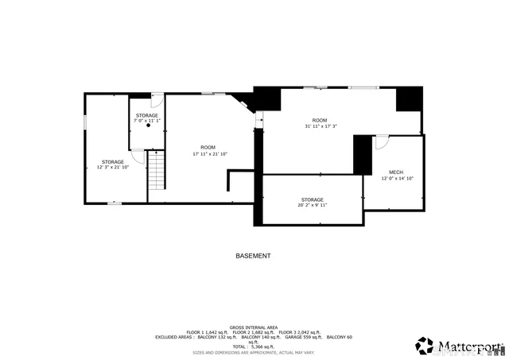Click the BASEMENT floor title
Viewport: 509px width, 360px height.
pyautogui.click(x=253, y=256)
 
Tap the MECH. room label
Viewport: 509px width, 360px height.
pyautogui.click(x=396, y=172)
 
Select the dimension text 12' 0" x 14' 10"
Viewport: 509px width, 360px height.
pyautogui.click(x=396, y=179)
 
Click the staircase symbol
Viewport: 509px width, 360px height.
pyautogui.click(x=156, y=169)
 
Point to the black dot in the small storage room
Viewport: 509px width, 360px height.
pyautogui.click(x=148, y=126)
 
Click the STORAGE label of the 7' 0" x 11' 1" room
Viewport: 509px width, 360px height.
pyautogui.click(x=146, y=115)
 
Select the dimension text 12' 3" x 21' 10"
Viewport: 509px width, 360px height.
pyautogui.click(x=112, y=167)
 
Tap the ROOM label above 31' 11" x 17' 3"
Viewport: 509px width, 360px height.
pyautogui.click(x=319, y=120)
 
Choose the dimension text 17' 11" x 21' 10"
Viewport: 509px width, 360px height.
pyautogui.click(x=210, y=153)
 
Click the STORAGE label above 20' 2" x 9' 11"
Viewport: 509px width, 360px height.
pyautogui.click(x=312, y=199)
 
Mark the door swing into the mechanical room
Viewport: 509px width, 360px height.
pyautogui.click(x=381, y=142)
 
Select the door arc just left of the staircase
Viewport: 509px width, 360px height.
pyautogui.click(x=138, y=156)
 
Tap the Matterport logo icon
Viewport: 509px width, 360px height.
pyautogui.click(x=425, y=346)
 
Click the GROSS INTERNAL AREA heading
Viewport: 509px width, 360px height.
pyautogui.click(x=253, y=327)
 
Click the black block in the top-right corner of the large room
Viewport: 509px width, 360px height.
pyautogui.click(x=410, y=99)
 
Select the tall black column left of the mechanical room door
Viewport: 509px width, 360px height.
pyautogui.click(x=363, y=155)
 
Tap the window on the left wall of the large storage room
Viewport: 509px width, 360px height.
pyautogui.click(x=86, y=122)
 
